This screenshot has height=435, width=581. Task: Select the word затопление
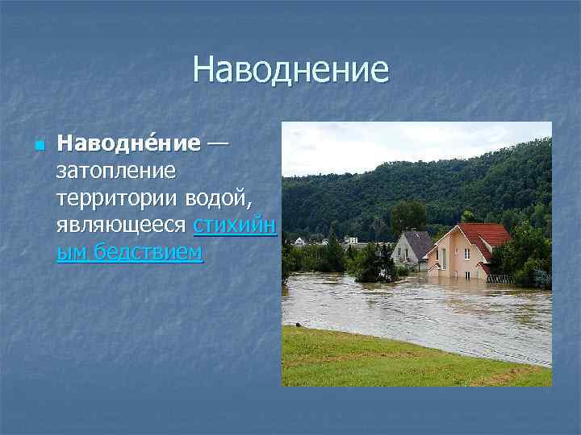coord(115,171)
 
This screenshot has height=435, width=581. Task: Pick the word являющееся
coord(122,225)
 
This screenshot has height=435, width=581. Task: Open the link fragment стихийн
coord(235,225)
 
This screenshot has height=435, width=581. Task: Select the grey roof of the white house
coord(420,242)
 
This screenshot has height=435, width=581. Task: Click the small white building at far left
coord(299,240)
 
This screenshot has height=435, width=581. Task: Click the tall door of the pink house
coord(444,259)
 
